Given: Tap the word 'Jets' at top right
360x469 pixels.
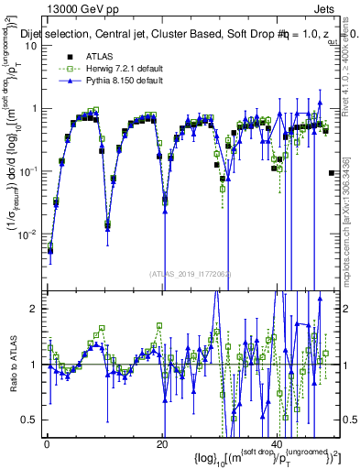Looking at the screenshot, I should click(x=327, y=9).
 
